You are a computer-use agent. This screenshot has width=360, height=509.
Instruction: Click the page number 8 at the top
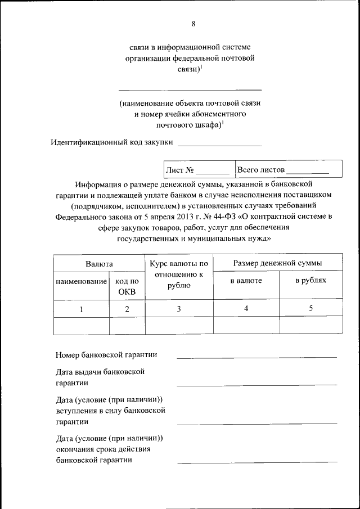point(193,24)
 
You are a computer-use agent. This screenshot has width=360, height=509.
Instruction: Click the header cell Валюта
point(99,263)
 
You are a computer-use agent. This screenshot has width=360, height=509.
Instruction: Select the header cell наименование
point(81,280)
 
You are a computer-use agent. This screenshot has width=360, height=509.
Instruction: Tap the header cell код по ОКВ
point(127,286)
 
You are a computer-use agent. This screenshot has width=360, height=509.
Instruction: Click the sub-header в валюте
point(246,280)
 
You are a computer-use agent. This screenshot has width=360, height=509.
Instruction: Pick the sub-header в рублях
point(310,280)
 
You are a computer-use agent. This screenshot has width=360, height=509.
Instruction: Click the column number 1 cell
point(81,308)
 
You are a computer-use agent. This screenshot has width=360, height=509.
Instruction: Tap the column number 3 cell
point(179,308)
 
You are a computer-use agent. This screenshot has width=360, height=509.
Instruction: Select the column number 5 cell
point(310,308)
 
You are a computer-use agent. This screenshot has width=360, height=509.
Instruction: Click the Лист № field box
point(197,169)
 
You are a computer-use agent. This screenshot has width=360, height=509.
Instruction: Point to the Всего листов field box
point(288,169)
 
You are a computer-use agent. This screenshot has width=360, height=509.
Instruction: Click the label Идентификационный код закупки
point(111,142)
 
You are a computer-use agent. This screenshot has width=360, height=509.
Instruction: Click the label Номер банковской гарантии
point(106,354)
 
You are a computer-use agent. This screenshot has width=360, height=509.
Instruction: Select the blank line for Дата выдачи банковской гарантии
point(256,384)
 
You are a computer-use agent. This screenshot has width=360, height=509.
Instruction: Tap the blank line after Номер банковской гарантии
point(256,357)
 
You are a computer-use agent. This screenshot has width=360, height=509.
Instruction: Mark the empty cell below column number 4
point(246,325)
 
